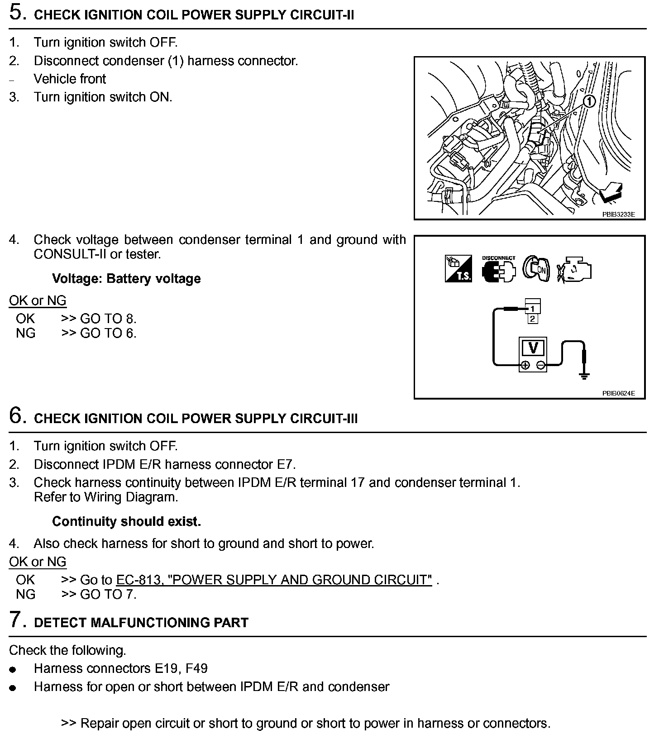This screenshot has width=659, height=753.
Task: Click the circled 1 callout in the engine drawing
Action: (589, 101)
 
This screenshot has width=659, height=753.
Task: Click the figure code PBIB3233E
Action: (618, 214)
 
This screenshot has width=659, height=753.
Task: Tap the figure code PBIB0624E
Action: (618, 393)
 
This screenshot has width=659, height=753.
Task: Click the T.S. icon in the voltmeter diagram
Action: (458, 269)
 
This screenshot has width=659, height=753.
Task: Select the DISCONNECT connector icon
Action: (498, 270)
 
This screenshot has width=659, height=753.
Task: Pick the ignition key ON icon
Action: (536, 269)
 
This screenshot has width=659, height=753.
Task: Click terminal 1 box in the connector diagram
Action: (533, 309)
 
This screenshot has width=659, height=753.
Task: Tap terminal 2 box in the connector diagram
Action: (533, 319)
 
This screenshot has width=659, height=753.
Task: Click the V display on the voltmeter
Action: (533, 348)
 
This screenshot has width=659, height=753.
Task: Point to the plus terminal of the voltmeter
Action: (525, 365)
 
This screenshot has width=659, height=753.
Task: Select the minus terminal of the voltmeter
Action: (540, 365)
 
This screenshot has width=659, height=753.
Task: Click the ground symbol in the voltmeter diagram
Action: (584, 375)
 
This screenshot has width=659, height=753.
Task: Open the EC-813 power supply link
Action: (274, 580)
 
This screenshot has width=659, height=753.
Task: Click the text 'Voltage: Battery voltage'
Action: (126, 278)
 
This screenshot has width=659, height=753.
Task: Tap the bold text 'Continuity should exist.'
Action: (126, 521)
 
